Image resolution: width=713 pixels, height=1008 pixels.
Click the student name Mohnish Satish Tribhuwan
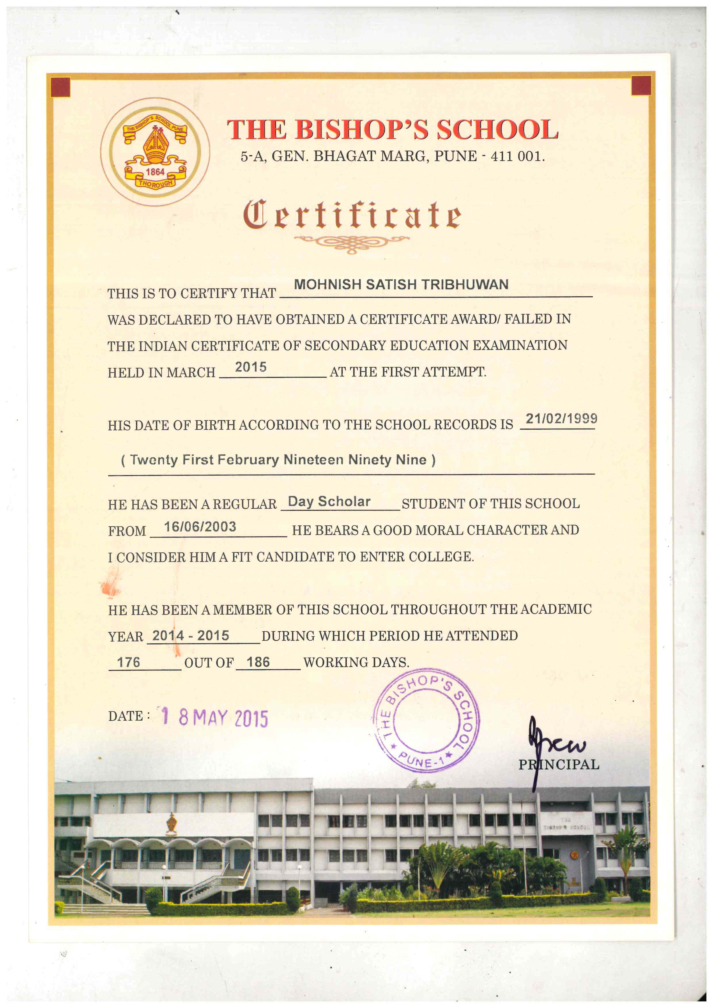tap(401, 285)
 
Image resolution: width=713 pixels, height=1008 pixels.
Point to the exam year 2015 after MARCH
tap(251, 367)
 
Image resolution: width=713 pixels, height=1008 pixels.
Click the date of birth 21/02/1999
tap(561, 418)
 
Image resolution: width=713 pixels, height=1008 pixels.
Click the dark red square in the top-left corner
tap(61, 87)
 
